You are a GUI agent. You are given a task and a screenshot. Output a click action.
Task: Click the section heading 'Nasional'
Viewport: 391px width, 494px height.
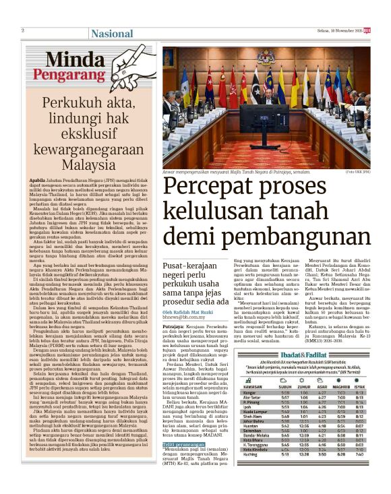(x=112, y=33)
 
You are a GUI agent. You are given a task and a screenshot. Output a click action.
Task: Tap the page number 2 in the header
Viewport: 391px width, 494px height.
(x=23, y=30)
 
